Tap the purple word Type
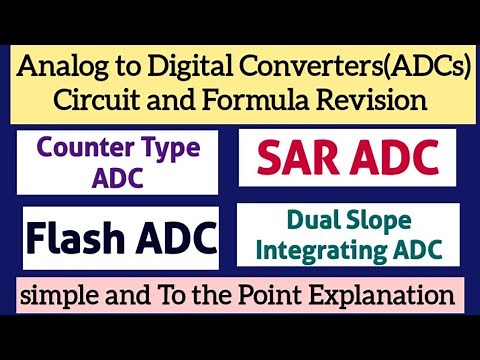point(166,149)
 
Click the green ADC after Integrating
point(410,250)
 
